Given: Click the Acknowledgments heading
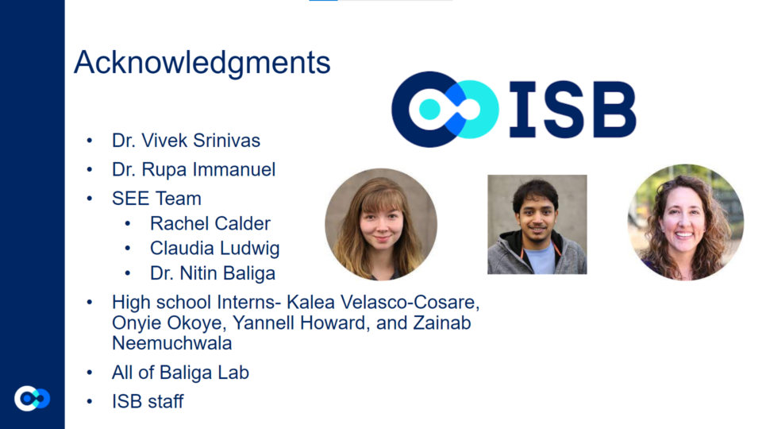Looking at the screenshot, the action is click(202, 63).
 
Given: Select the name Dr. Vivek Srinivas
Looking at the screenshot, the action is click(186, 141).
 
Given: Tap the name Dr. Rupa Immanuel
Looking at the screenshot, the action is click(194, 170).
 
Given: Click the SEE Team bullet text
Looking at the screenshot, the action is click(156, 199).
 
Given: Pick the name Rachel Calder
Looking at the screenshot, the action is click(210, 224).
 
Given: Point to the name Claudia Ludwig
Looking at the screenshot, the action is click(215, 249).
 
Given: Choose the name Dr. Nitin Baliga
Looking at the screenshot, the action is click(213, 273).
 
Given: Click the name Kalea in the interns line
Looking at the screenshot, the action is click(310, 302).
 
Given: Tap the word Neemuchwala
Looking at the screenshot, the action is click(172, 343).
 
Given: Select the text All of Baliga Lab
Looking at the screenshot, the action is click(180, 373).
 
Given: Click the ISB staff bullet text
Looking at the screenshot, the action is click(148, 402).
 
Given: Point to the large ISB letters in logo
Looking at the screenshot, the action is click(572, 110).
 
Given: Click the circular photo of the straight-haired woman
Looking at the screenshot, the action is click(381, 225).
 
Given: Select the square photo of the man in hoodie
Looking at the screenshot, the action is click(537, 225).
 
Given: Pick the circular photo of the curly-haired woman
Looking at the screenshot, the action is click(686, 222).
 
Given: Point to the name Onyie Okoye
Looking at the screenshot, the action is click(168, 323).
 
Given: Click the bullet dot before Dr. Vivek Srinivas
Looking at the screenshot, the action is click(90, 141).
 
